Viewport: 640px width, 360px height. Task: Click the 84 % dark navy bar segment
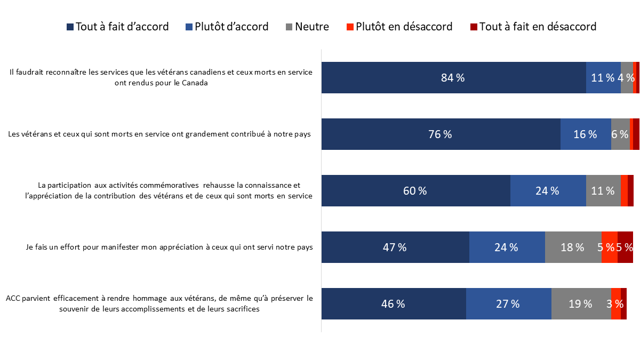point(453,78)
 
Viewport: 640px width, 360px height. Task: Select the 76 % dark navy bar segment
point(441,134)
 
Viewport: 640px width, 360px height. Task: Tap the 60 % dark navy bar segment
point(415,191)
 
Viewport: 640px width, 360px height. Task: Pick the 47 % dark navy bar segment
point(395,247)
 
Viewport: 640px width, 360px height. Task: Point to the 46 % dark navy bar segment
point(393,304)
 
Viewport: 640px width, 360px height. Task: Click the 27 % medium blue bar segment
point(508,304)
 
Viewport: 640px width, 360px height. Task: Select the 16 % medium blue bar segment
point(585,134)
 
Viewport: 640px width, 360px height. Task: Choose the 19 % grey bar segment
point(581,304)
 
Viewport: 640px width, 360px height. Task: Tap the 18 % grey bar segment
point(573,247)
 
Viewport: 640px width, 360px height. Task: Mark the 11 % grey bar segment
point(603,191)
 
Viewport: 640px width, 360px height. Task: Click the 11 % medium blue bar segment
point(603,78)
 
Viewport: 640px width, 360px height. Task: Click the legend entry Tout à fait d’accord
point(117,27)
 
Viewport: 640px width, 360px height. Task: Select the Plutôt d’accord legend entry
point(226,27)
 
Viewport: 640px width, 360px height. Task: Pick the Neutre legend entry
point(306,27)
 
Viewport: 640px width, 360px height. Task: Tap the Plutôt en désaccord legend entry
point(399,27)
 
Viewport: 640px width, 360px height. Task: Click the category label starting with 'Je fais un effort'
point(169,247)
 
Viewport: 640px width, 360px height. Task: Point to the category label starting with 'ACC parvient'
point(159,304)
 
